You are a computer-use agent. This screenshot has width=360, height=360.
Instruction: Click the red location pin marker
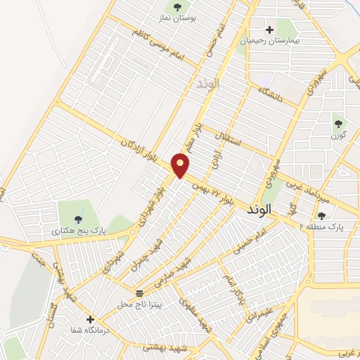pyautogui.click(x=181, y=166)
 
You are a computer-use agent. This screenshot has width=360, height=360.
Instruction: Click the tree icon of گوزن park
pyautogui.click(x=339, y=122)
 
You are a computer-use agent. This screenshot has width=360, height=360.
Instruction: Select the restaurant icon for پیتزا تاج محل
pyautogui.click(x=138, y=292)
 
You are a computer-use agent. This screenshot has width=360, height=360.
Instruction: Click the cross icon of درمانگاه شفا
pyautogui.click(x=89, y=319)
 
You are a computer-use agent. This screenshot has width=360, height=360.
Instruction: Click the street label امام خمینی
pyautogui.click(x=264, y=238)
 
